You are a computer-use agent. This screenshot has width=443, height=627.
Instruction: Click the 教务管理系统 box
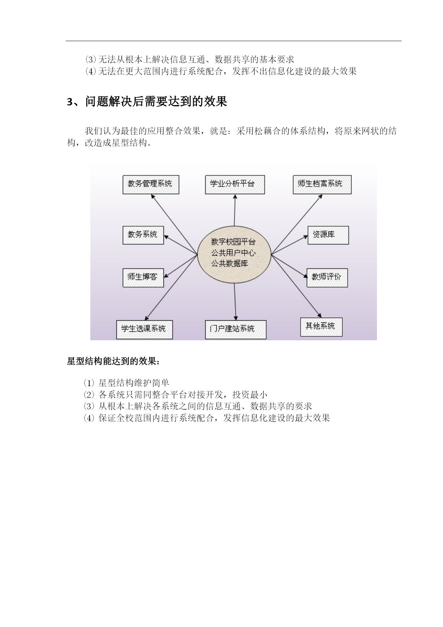(x=151, y=184)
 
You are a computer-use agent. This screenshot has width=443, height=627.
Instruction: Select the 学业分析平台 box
(x=235, y=184)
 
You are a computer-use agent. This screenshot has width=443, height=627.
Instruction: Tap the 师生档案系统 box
(x=322, y=184)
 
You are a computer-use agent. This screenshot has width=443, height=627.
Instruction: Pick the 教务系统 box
(x=143, y=235)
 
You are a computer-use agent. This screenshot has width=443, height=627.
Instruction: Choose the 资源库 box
(x=328, y=235)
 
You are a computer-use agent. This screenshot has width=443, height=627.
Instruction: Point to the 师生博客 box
(x=143, y=277)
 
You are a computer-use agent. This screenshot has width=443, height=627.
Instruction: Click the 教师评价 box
(x=327, y=277)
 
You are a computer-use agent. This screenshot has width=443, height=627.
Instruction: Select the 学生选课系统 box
(x=144, y=329)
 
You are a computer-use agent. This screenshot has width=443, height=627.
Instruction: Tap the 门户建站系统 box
(x=236, y=329)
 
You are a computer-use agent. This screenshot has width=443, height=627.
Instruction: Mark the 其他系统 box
(x=321, y=327)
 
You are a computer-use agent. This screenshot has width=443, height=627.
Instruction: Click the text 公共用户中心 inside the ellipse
(x=233, y=253)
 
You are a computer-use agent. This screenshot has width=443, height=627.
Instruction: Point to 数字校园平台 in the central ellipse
(x=233, y=242)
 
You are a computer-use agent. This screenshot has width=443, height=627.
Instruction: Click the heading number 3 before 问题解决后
(x=70, y=102)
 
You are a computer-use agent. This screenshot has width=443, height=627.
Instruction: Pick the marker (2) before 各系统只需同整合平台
(x=89, y=395)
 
